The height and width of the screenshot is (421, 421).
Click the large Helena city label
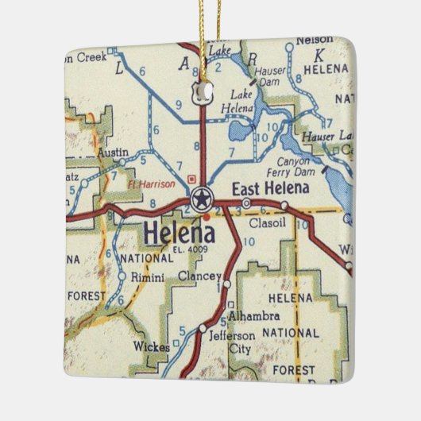point(179,234)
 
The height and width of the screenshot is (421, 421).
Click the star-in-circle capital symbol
point(200,199)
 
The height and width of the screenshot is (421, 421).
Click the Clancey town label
point(198,276)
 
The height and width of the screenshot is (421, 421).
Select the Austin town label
point(112,151)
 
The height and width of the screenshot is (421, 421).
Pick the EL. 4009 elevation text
point(189,249)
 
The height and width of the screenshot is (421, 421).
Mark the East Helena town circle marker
point(246,204)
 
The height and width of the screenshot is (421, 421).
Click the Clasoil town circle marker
point(284,206)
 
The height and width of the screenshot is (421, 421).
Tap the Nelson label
point(313,40)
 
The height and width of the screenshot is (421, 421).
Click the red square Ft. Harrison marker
point(191,178)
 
